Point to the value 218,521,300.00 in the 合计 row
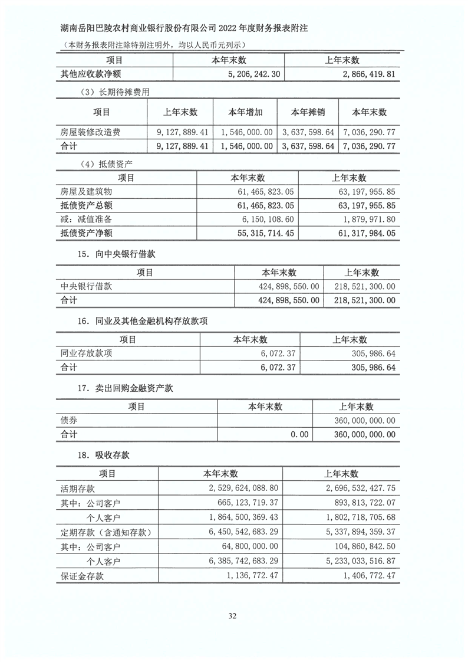coord(361,300)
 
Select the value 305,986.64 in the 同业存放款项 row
coord(371,353)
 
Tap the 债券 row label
coord(69,420)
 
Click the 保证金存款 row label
coord(82,576)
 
